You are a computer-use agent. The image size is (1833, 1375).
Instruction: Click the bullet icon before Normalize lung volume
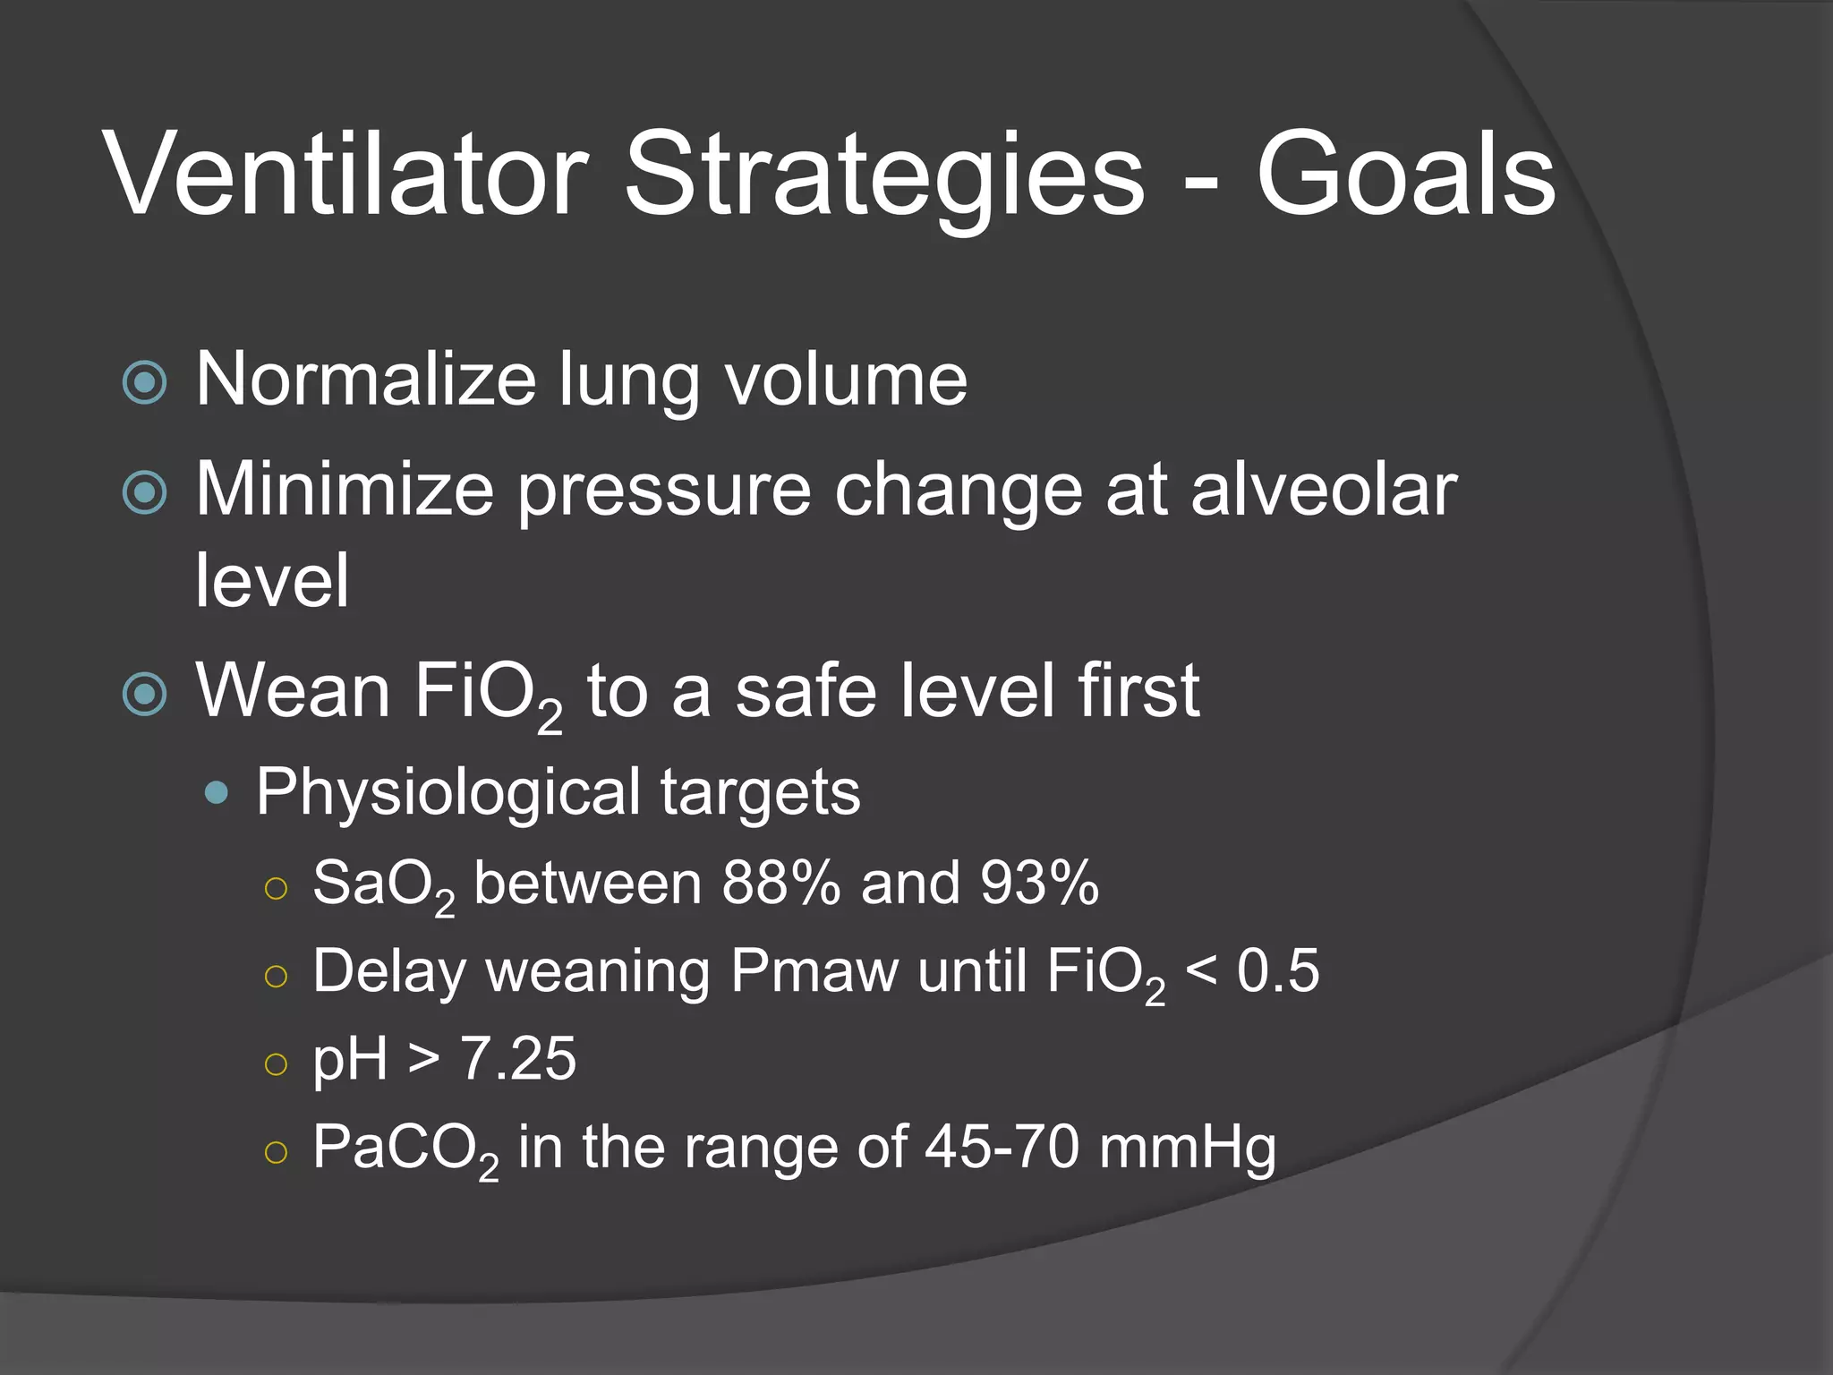145,382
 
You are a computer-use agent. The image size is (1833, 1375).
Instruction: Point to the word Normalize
366,380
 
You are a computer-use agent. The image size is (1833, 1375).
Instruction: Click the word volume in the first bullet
846,380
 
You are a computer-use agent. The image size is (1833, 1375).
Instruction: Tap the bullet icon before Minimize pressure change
145,491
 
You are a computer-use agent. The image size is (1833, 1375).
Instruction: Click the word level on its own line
272,580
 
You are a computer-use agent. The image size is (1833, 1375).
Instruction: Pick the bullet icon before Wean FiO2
145,694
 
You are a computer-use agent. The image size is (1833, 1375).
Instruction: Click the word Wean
294,690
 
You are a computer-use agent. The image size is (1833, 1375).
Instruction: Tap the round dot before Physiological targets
217,793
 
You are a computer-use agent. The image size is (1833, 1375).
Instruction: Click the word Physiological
448,793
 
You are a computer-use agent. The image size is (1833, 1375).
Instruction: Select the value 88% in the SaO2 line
780,883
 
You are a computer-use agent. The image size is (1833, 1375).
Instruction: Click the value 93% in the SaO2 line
1039,883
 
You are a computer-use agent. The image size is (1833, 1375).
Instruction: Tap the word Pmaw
814,970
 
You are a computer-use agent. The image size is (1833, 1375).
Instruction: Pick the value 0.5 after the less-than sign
1278,970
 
